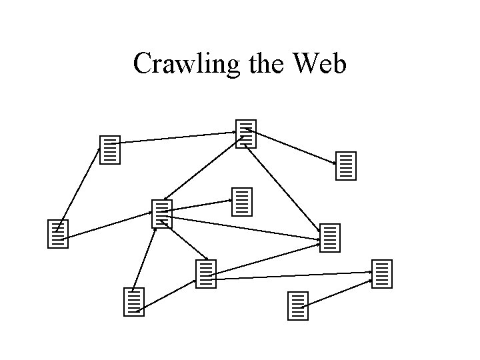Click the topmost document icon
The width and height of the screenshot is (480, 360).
[x=246, y=134]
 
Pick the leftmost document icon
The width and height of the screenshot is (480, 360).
[x=58, y=233]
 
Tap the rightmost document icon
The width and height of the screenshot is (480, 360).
[x=382, y=274]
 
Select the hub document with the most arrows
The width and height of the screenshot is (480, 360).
[x=162, y=214]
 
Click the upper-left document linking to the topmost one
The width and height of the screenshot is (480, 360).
[x=109, y=150]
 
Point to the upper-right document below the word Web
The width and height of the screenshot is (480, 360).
[x=347, y=166]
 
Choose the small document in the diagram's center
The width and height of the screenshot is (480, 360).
[x=242, y=201]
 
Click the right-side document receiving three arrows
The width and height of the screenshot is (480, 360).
[x=330, y=237]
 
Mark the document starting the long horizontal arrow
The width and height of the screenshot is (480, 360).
[x=207, y=274]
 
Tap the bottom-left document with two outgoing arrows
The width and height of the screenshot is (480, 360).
[x=134, y=302]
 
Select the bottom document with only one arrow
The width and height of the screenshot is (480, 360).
[x=298, y=305]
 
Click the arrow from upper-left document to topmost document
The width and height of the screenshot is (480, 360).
[x=177, y=138]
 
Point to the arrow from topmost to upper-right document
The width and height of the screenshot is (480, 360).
[x=293, y=146]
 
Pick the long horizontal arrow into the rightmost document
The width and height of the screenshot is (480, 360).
[x=293, y=275]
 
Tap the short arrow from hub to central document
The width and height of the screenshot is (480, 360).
[x=200, y=204]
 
